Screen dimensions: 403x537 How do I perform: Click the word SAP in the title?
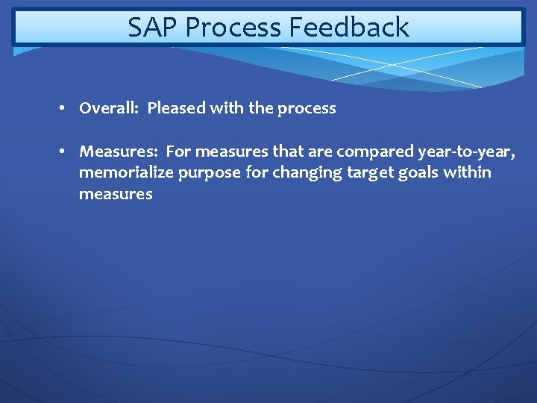point(153,28)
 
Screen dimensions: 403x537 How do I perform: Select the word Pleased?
point(176,108)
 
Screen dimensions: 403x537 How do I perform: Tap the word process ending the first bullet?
point(307,109)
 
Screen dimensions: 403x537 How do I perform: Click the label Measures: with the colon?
point(119,152)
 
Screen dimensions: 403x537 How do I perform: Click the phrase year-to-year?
point(467,152)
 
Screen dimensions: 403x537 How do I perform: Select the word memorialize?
point(126,173)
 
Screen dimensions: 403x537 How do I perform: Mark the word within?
point(468,173)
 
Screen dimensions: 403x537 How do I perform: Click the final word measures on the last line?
point(116,195)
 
